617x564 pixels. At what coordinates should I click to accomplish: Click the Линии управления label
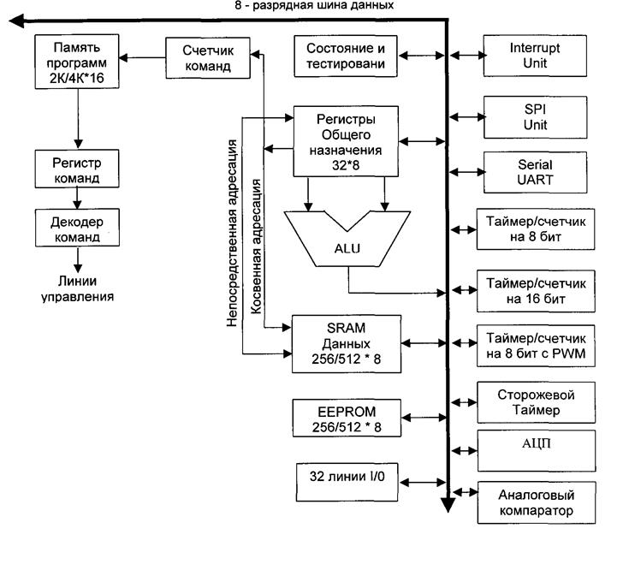[x=77, y=288]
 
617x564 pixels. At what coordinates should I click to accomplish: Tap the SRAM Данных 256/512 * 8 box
[x=347, y=344]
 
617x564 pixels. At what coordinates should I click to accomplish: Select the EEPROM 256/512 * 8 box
[x=347, y=419]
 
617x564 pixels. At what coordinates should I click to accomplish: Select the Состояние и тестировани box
[x=347, y=56]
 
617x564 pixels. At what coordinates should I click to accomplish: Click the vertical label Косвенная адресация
[x=256, y=247]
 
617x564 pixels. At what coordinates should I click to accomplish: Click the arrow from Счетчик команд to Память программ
[x=140, y=57]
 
